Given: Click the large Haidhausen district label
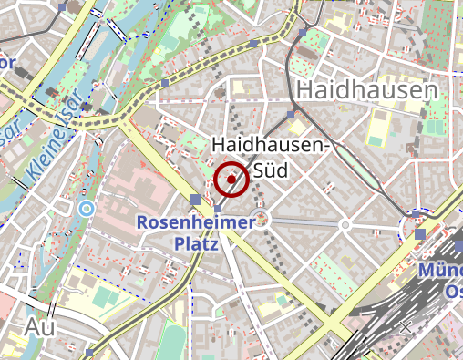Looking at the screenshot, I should click(x=367, y=90).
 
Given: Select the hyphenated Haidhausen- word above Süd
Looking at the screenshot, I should click(x=271, y=145).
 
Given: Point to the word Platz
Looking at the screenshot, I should click(x=196, y=244).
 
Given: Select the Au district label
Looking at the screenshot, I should click(x=42, y=326).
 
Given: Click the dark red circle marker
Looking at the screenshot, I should click(x=232, y=180).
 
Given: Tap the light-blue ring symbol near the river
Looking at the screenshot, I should click(x=86, y=209).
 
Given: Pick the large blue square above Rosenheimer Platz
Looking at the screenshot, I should click(x=197, y=200).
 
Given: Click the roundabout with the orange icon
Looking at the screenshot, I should click(x=262, y=219).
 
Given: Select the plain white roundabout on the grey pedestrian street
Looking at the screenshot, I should click(x=345, y=224).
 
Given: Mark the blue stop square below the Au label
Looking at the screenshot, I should click(x=87, y=354).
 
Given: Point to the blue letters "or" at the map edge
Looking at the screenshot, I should click(x=7, y=62).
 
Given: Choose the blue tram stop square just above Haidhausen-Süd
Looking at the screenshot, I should click(x=291, y=115).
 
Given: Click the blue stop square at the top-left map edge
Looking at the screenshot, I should click(x=61, y=6).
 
